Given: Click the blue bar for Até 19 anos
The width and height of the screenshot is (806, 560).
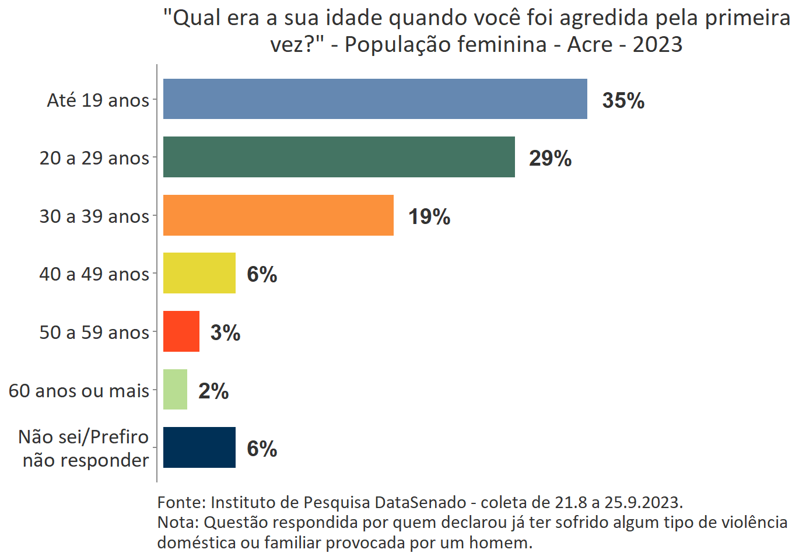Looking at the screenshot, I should tap(375, 99).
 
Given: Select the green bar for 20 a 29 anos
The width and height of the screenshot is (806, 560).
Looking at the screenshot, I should tap(339, 157).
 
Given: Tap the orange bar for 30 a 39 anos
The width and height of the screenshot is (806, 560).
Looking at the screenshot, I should tap(278, 215).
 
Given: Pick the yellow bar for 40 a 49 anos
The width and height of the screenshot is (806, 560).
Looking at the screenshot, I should tap(199, 273).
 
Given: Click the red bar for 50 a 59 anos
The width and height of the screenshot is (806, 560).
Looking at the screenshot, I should tap(181, 331).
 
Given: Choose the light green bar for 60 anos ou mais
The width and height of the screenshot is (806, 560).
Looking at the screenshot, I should tap(175, 390).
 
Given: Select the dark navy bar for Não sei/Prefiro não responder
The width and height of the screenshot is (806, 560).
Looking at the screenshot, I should tap(199, 447).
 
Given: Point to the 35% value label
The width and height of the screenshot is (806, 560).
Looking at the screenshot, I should tap(623, 100).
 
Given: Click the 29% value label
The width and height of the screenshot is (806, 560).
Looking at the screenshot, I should tap(550, 158).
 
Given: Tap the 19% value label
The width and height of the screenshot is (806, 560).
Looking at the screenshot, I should tap(429, 216).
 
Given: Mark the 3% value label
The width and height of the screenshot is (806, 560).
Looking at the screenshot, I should tap(225, 332).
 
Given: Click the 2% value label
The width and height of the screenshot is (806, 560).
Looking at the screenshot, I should tap(213, 391).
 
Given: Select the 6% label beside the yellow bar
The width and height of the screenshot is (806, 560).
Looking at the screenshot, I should tap(262, 274).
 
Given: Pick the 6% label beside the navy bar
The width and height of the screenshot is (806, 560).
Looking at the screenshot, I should tap(262, 449).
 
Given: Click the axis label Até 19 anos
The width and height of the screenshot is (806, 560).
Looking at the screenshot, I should tap(98, 100).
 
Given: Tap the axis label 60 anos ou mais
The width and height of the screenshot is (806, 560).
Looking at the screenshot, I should tap(79, 391).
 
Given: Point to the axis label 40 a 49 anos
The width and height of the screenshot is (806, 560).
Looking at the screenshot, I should tap(94, 274).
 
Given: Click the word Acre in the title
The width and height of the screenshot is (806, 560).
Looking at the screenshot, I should tap(590, 44).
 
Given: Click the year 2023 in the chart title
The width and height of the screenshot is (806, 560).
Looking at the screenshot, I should tap(657, 44).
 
